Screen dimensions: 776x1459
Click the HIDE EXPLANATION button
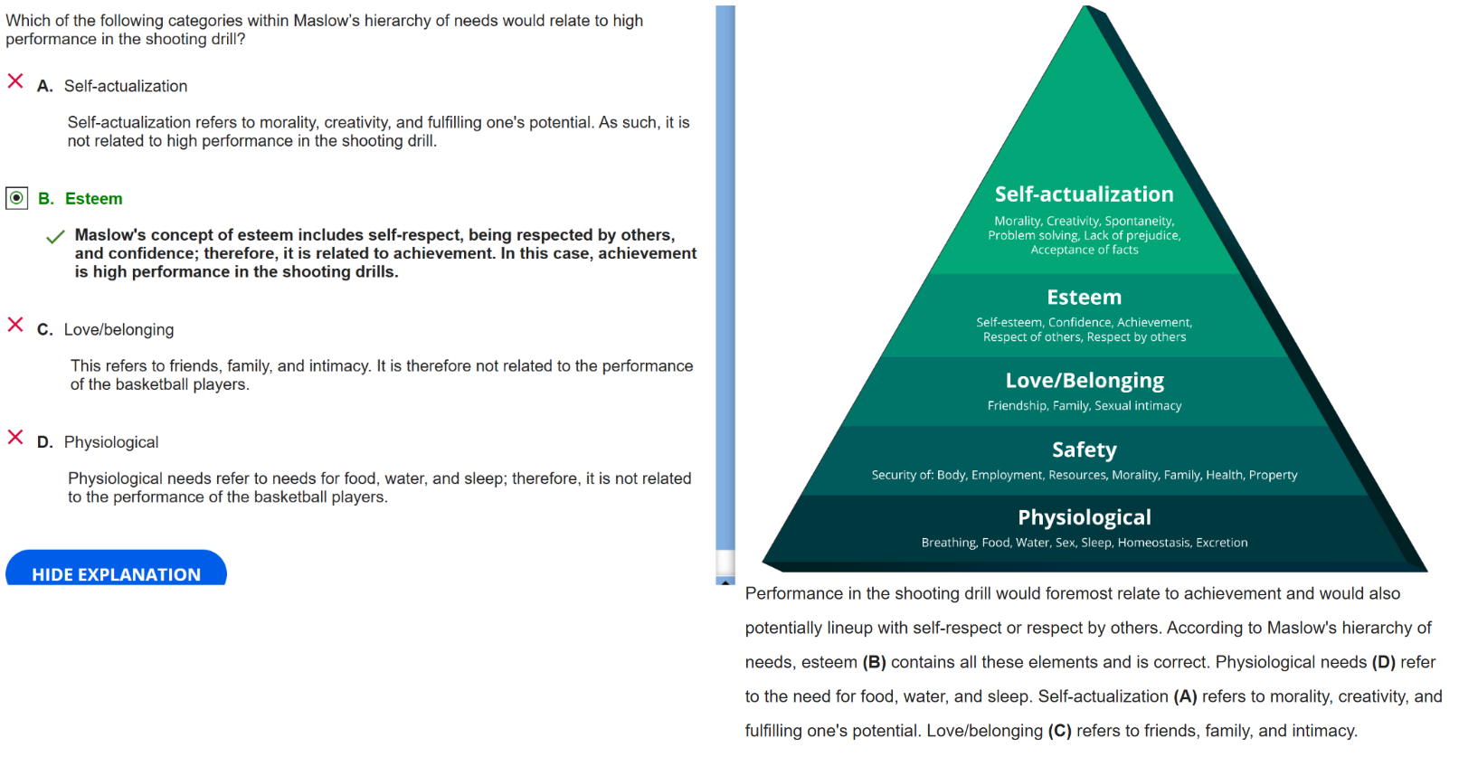click(116, 572)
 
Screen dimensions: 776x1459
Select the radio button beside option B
click(16, 198)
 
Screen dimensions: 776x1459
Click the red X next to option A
click(15, 81)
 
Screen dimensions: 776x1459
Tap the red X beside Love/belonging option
click(15, 325)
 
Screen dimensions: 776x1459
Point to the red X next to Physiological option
click(15, 438)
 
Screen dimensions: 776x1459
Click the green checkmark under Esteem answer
click(55, 237)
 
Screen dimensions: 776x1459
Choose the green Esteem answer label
click(93, 199)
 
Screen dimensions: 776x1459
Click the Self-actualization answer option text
click(126, 86)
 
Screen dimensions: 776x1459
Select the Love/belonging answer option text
click(118, 330)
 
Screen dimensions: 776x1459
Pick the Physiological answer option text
click(111, 442)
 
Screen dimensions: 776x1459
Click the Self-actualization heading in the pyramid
click(1084, 194)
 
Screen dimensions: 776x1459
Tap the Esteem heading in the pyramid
click(1084, 298)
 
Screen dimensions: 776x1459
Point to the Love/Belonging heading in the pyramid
click(1084, 381)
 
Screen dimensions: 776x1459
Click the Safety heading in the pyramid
click(1084, 450)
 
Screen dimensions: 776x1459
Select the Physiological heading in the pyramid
click(1084, 517)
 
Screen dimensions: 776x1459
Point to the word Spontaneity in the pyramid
click(1139, 221)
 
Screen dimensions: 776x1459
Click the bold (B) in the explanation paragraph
click(874, 662)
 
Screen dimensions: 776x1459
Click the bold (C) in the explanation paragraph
click(1059, 731)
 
